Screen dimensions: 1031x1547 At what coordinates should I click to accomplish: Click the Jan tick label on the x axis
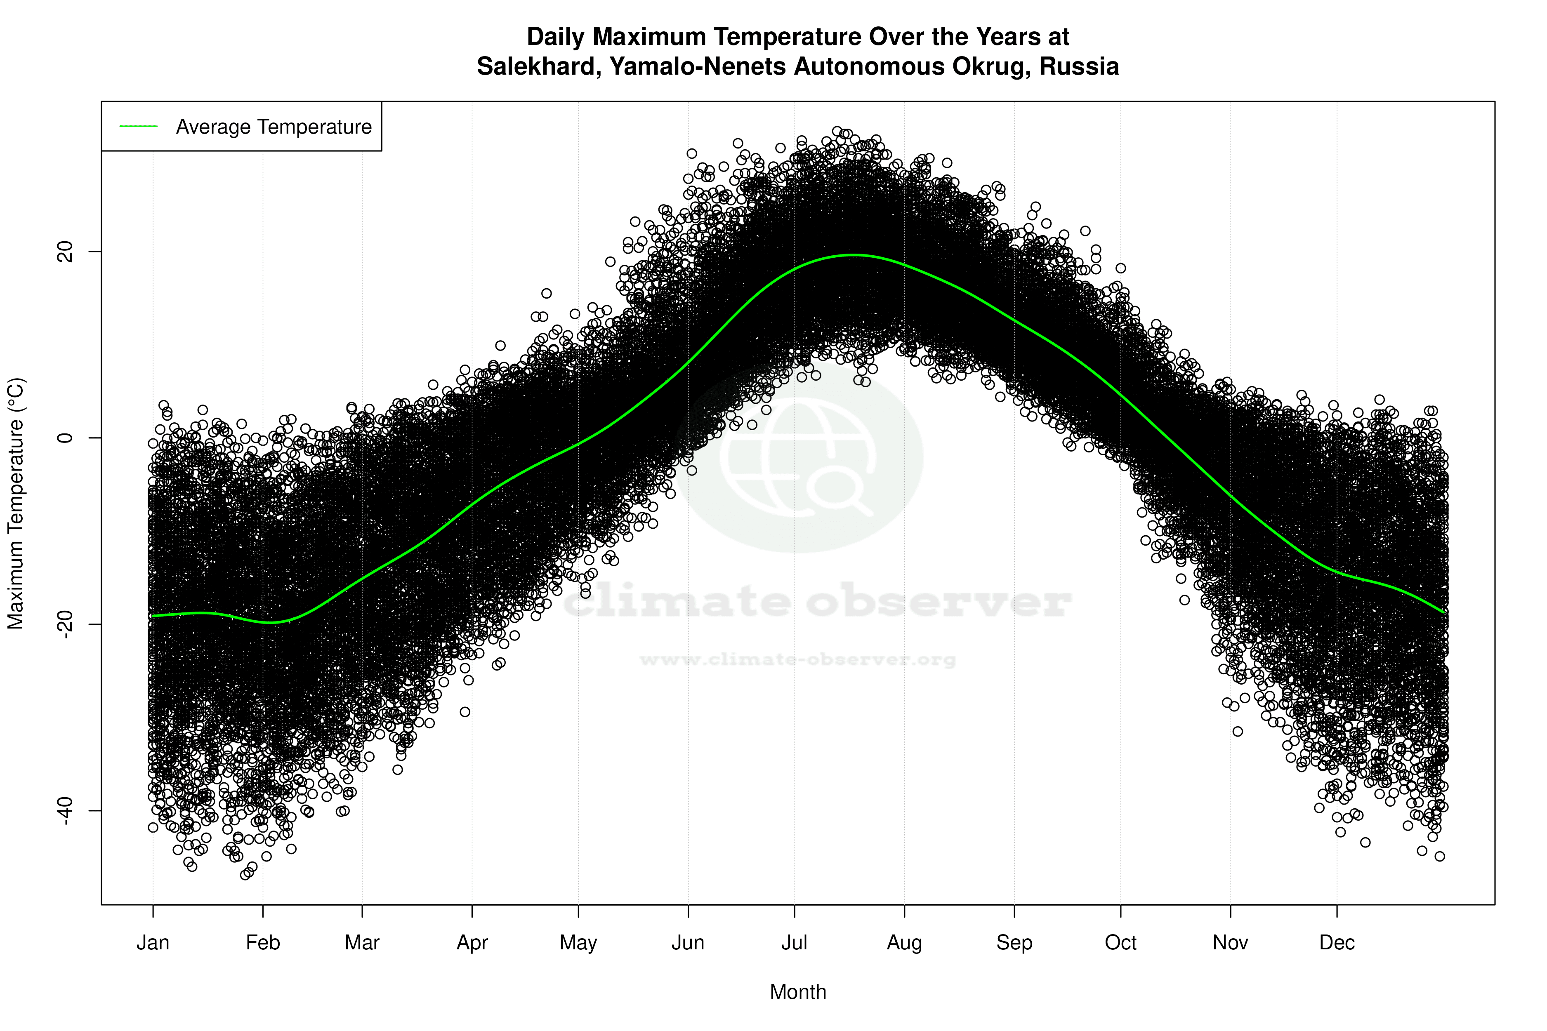[x=153, y=943]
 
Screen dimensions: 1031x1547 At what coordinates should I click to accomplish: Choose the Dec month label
[x=1337, y=943]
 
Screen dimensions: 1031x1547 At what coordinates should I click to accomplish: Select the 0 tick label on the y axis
[x=65, y=438]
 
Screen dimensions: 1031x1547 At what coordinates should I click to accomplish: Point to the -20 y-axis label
[x=65, y=624]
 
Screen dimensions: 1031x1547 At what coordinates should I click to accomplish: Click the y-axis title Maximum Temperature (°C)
[x=16, y=503]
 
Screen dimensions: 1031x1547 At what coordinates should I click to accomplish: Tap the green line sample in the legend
[x=138, y=126]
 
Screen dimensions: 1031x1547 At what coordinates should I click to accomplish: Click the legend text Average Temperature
[x=274, y=127]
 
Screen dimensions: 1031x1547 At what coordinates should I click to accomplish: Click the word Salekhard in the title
[x=538, y=66]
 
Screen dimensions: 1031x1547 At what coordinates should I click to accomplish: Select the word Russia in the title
[x=1079, y=66]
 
